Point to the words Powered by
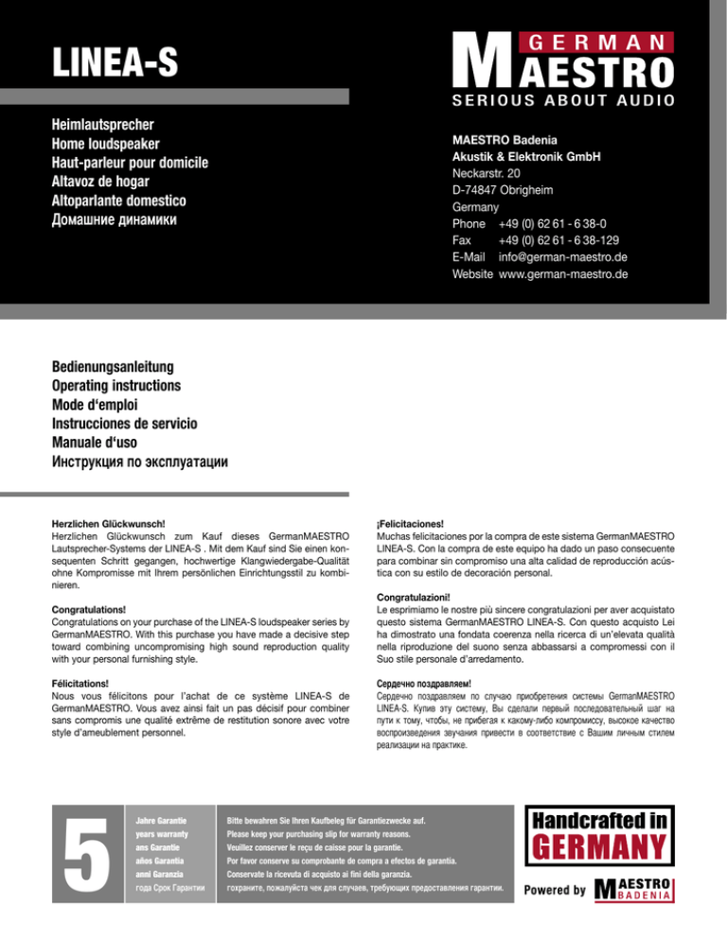[x=555, y=890]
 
